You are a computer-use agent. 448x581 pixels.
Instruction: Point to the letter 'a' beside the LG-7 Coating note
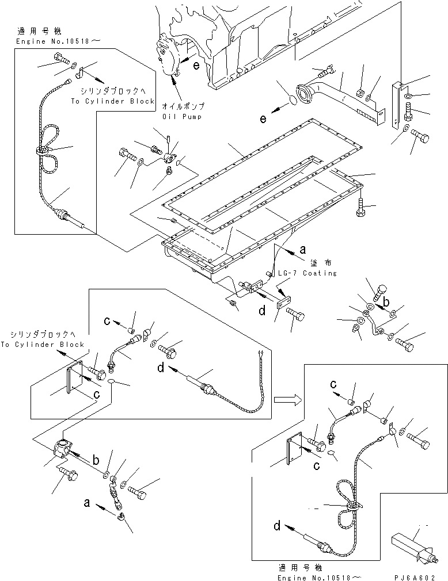[302, 250]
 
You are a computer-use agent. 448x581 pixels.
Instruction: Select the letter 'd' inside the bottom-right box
[278, 525]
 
